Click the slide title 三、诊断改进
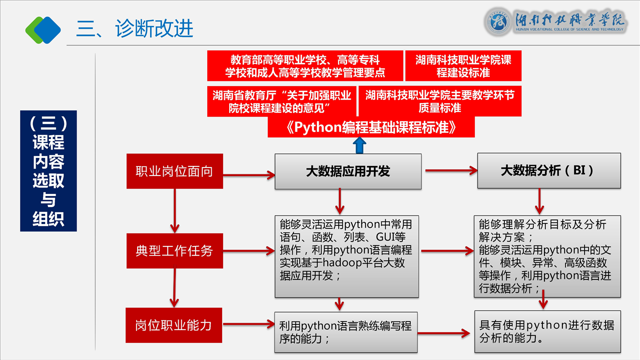click(135, 29)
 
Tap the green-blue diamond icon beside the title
click(43, 29)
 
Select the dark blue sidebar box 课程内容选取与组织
click(49, 171)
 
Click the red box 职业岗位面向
click(175, 171)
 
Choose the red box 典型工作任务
click(175, 250)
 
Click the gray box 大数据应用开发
click(348, 171)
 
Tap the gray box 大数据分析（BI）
click(548, 170)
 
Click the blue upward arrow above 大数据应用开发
click(359, 146)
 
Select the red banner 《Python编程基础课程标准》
click(371, 127)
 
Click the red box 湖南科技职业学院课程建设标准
click(463, 66)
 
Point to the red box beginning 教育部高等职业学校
click(305, 66)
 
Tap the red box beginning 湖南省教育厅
click(282, 101)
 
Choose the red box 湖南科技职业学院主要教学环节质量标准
click(440, 101)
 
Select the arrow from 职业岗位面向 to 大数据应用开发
click(249, 174)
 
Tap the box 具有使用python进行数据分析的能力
click(547, 331)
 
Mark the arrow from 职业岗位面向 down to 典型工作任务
click(175, 210)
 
